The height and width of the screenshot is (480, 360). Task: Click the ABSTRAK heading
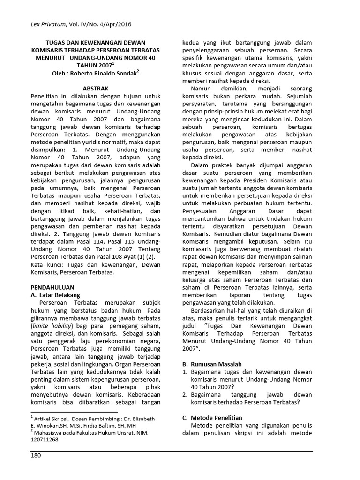[96, 88]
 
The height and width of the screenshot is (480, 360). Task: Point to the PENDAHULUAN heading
[52, 287]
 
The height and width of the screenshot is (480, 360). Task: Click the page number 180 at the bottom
[37, 456]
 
